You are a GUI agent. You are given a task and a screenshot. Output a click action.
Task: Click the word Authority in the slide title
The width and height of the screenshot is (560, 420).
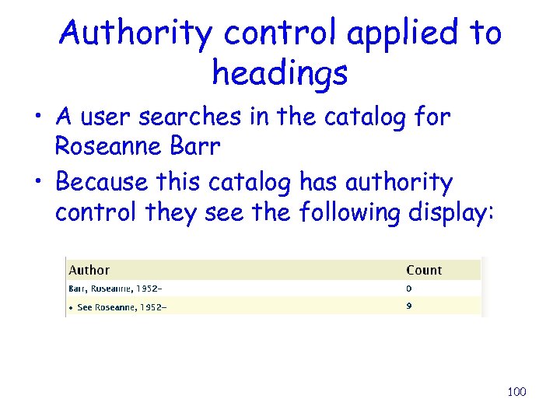click(x=136, y=33)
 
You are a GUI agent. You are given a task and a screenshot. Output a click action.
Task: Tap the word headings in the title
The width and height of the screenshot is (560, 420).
click(x=279, y=74)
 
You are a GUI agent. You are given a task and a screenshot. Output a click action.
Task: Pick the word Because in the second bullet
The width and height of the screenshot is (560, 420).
click(x=102, y=183)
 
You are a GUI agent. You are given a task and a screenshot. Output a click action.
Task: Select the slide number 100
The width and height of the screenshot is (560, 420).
click(x=516, y=391)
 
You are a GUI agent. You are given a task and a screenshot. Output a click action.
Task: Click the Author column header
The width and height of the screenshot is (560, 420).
click(x=89, y=270)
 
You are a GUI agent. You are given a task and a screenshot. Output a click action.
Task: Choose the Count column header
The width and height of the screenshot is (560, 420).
click(x=424, y=270)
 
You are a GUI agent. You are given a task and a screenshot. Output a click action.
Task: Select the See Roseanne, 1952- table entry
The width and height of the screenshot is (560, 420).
click(x=122, y=307)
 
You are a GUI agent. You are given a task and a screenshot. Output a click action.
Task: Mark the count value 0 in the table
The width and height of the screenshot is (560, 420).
click(x=409, y=289)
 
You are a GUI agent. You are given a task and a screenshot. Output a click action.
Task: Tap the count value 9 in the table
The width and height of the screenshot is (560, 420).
click(x=409, y=306)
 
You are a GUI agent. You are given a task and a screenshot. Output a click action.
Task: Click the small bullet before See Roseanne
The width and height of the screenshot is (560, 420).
click(x=72, y=308)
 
